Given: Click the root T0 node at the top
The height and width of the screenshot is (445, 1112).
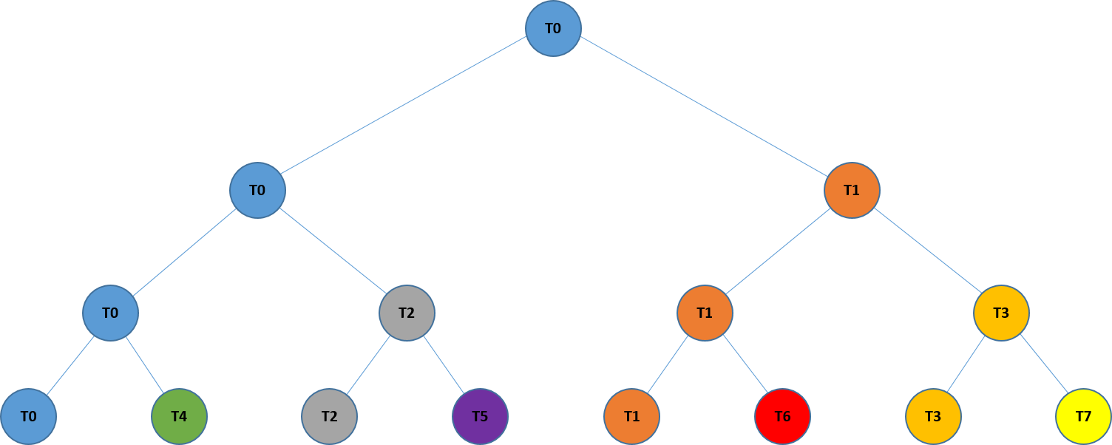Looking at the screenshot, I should click(553, 28).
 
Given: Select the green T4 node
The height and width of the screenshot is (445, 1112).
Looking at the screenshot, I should click(179, 416).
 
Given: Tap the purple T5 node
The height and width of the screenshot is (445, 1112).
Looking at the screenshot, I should click(480, 416).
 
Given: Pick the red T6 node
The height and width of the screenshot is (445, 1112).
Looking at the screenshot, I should click(782, 416).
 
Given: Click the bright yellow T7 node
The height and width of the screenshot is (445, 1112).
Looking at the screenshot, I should click(1083, 416).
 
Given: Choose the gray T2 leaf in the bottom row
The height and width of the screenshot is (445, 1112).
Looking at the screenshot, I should click(329, 416).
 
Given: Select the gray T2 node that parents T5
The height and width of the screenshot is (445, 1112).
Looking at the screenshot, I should click(407, 313).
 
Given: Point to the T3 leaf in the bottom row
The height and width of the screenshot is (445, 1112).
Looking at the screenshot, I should click(933, 416).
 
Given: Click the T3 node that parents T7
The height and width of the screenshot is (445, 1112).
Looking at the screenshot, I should click(1001, 313).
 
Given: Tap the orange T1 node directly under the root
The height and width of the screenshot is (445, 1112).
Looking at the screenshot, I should click(852, 190).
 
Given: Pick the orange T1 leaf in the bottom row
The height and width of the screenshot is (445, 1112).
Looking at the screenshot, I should click(631, 416).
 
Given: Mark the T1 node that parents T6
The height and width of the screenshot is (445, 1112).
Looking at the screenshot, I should click(705, 313).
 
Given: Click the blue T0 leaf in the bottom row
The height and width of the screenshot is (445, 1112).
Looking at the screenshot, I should click(28, 416).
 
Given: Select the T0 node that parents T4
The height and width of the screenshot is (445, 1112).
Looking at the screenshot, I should click(110, 313).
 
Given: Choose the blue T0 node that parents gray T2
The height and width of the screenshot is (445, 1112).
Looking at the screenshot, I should click(257, 190).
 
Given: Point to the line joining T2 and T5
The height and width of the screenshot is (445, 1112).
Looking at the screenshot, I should click(444, 364).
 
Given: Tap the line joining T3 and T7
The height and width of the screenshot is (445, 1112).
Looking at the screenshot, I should click(1044, 364).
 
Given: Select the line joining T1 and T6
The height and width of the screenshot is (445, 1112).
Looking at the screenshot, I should click(745, 364).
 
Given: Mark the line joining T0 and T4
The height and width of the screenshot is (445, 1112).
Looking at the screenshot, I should click(144, 364).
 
